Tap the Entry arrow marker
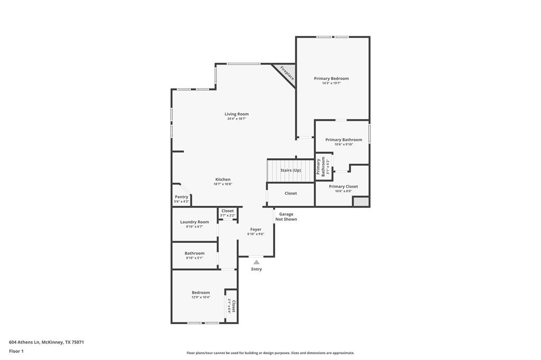click(256, 262)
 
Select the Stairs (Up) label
click(291, 170)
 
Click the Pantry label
click(181, 197)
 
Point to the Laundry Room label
click(194, 222)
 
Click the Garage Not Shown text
click(286, 216)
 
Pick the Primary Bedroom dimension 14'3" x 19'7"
click(331, 83)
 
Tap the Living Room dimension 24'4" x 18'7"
click(236, 119)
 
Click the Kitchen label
click(222, 179)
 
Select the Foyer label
click(256, 230)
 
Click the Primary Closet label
click(343, 186)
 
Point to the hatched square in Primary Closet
click(360, 201)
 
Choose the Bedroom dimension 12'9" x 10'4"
click(201, 297)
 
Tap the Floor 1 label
click(16, 351)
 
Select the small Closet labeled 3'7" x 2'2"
click(228, 213)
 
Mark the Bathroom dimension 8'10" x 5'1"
click(194, 258)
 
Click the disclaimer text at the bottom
click(270, 353)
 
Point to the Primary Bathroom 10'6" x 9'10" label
click(344, 140)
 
